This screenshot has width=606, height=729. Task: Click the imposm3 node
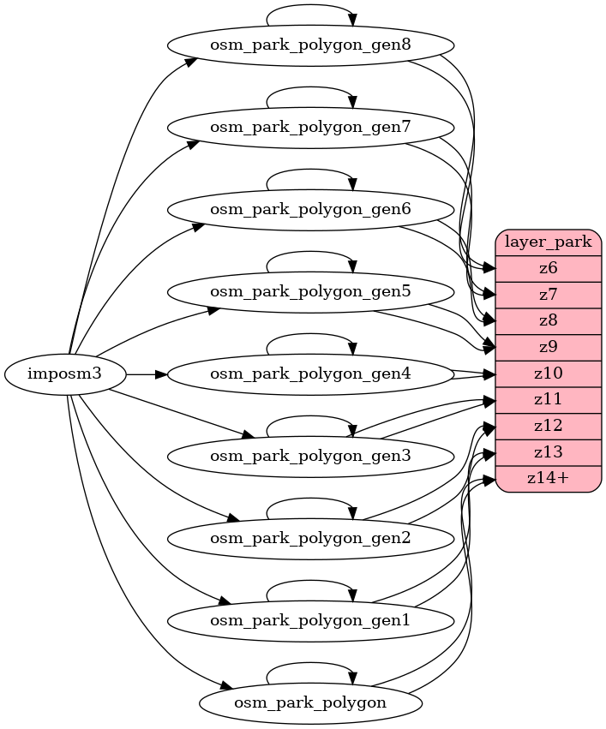tap(65, 374)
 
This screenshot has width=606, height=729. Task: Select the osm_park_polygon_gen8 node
tap(310, 45)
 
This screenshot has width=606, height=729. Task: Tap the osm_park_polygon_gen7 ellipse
tap(310, 127)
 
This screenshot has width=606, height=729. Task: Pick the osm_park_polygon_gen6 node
tap(310, 209)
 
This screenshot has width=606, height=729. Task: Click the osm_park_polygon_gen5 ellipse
tap(310, 291)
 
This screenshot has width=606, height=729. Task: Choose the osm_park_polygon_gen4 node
tap(310, 373)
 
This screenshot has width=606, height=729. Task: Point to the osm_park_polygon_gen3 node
tap(310, 456)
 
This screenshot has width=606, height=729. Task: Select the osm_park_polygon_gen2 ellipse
tap(310, 538)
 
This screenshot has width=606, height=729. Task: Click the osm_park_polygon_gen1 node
tap(310, 620)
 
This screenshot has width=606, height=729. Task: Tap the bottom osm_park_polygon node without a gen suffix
tap(310, 702)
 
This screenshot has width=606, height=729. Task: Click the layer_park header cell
tap(549, 242)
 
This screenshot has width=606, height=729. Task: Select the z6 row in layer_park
tap(549, 268)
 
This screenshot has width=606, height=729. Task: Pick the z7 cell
tap(549, 295)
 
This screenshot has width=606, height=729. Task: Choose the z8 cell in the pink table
tap(549, 321)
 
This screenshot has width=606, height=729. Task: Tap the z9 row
tap(549, 348)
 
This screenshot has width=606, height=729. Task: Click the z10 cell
tap(549, 374)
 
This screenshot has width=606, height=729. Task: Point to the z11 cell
tap(549, 400)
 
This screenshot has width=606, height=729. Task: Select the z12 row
tap(549, 427)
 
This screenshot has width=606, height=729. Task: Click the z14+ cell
tap(549, 479)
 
